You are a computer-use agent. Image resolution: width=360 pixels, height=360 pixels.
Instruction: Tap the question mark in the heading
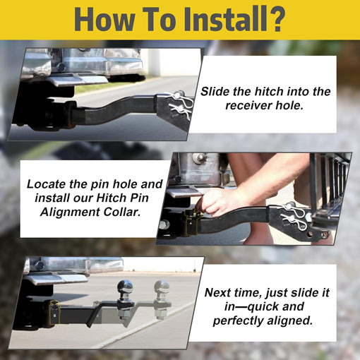click(277, 20)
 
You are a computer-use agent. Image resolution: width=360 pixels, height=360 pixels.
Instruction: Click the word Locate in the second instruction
click(47, 184)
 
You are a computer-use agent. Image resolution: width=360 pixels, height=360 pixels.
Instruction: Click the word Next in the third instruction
click(217, 293)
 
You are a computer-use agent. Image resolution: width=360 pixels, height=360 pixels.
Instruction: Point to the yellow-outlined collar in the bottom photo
click(54, 313)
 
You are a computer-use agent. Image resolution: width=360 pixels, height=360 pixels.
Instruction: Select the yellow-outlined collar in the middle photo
click(192, 221)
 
